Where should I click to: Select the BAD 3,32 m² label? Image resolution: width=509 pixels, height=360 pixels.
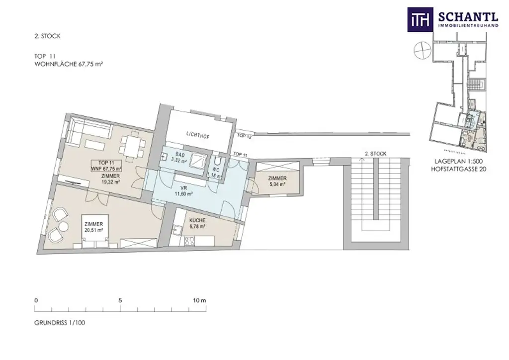coord(178,158)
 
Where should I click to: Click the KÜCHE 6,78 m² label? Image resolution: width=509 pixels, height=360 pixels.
coord(197,223)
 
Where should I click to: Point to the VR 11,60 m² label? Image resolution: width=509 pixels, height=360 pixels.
coord(183,191)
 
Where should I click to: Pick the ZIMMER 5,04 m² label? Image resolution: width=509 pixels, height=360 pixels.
coord(276,181)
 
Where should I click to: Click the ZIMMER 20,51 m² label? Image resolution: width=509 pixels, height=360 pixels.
coord(93,226)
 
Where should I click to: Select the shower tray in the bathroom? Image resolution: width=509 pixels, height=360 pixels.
coord(199,163)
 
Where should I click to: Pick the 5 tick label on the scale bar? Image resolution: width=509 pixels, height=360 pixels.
coord(120,300)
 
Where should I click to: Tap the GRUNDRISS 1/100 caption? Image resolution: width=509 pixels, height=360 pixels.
coord(60,323)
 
